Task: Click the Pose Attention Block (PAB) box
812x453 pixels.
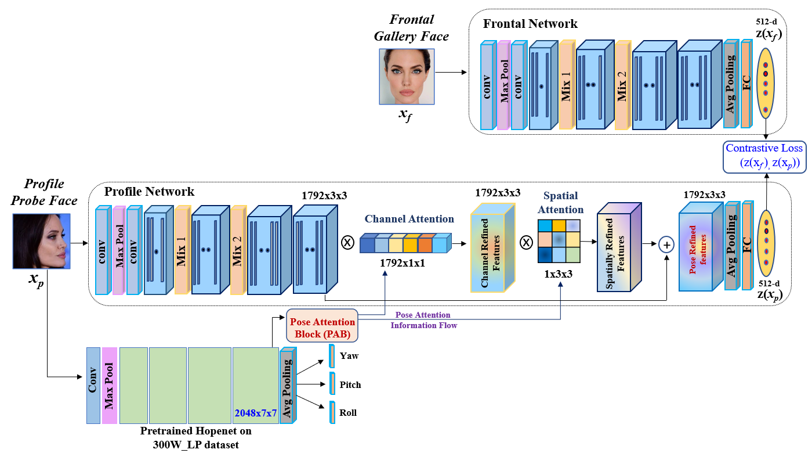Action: [x=322, y=326]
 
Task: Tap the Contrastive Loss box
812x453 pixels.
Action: [x=764, y=156]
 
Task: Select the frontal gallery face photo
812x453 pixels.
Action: [x=407, y=76]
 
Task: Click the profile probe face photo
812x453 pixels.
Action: [x=41, y=241]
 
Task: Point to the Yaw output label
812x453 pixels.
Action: [x=349, y=355]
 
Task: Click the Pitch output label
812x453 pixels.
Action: [x=350, y=384]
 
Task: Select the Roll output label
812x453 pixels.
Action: [x=348, y=413]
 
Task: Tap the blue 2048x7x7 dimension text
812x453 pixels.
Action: [x=255, y=413]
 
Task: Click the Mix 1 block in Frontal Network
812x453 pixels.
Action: [x=566, y=86]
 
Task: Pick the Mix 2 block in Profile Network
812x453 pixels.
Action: [x=237, y=251]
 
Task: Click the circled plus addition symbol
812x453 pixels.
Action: [x=667, y=245]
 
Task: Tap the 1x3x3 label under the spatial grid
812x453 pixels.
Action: [x=557, y=274]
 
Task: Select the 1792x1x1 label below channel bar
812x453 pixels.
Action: [x=403, y=263]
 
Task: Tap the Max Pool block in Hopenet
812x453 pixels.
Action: [x=109, y=386]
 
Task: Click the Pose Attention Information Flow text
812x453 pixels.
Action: [x=423, y=320]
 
